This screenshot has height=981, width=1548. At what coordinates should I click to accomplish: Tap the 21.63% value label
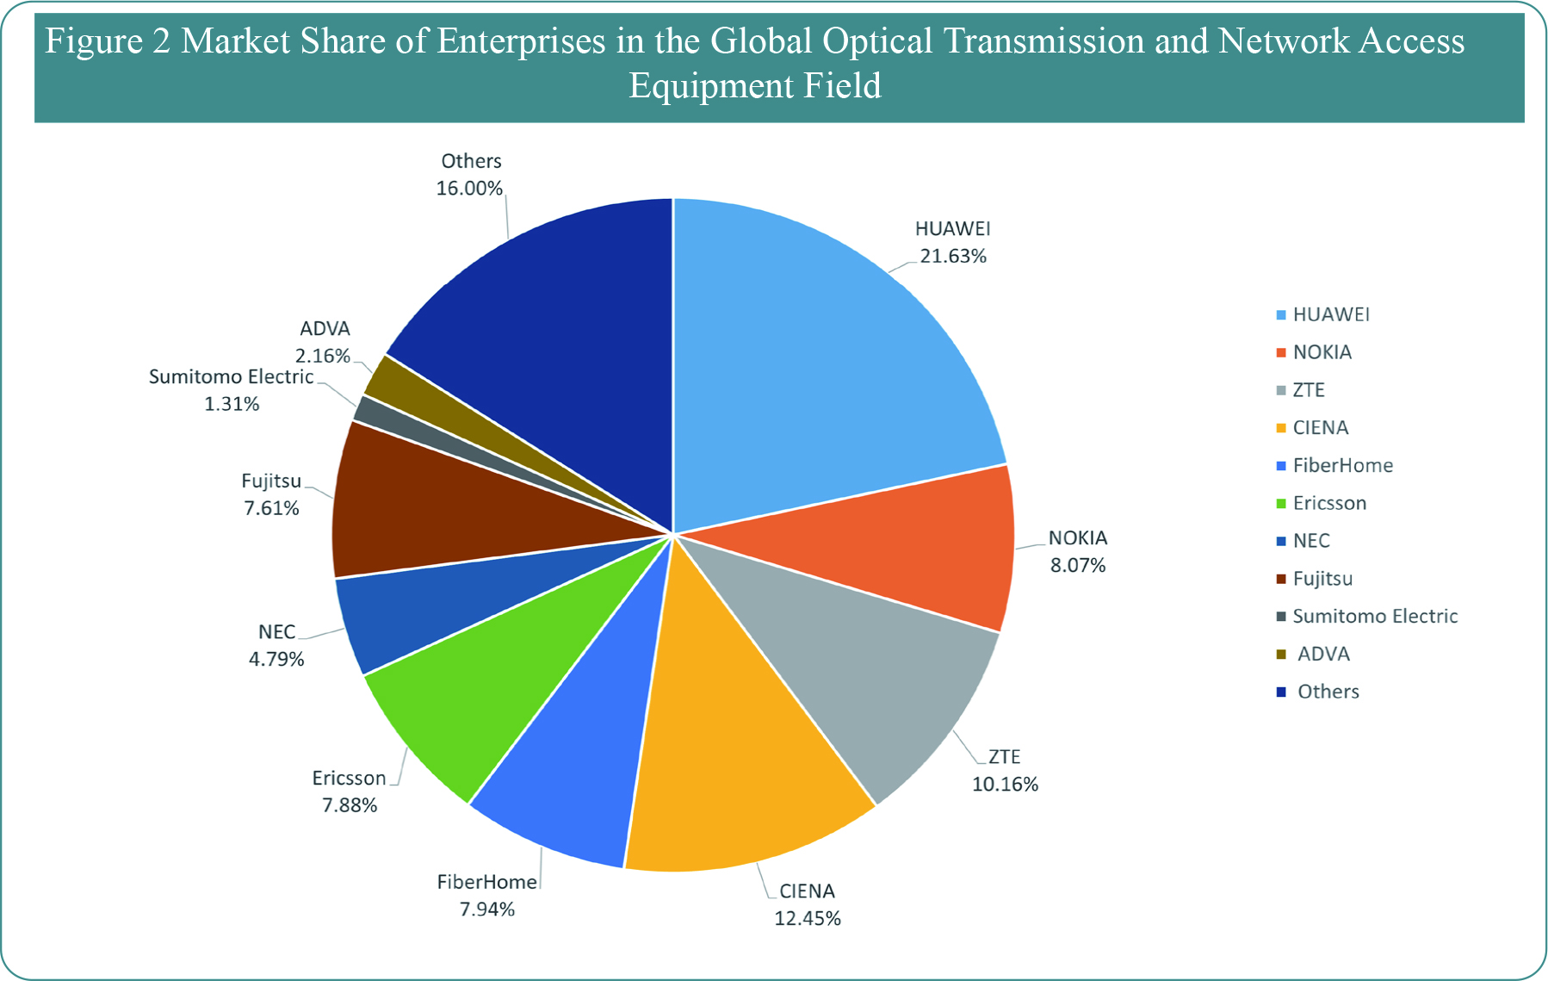[953, 257]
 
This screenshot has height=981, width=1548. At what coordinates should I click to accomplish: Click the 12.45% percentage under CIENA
[807, 919]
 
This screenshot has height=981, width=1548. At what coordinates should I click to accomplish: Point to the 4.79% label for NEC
[276, 660]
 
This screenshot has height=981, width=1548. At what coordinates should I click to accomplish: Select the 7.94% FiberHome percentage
[486, 910]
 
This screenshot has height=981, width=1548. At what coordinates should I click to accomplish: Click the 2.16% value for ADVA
[323, 356]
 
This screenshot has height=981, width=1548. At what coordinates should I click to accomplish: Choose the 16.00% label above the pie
[469, 189]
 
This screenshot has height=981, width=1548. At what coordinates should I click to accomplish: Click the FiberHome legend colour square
[1281, 466]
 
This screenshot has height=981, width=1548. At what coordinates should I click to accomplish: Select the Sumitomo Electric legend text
[1375, 617]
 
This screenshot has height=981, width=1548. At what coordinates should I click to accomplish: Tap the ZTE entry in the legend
[1309, 390]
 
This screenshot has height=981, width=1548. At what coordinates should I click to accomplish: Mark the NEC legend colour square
[1281, 541]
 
